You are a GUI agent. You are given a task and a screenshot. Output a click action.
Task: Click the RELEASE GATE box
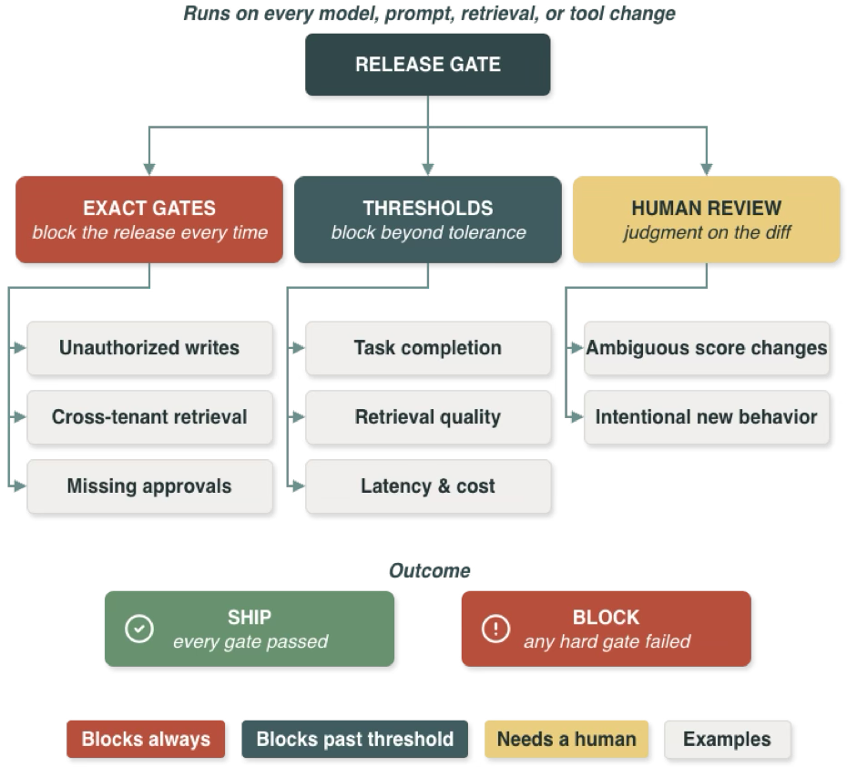pos(428,65)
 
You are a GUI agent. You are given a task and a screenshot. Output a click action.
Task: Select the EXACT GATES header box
pos(149,220)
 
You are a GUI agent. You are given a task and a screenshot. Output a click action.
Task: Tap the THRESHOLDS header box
pos(428,220)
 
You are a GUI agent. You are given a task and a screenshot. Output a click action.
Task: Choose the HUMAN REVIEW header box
pos(707,220)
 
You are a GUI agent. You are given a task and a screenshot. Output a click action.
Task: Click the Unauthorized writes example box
pos(149,348)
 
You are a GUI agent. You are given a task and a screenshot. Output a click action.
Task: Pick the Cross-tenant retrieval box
pos(149,417)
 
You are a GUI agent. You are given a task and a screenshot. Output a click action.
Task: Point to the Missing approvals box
pos(149,486)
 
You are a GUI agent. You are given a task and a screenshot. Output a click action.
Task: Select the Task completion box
pos(428,348)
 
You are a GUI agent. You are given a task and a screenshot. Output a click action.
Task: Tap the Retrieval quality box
pos(428,417)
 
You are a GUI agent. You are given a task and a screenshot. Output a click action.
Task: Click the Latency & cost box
pos(428,486)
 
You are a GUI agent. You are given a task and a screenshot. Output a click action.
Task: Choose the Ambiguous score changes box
pos(707,348)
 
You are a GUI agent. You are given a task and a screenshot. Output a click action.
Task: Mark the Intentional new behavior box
pos(707,417)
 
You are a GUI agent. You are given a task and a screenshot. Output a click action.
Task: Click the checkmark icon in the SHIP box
pos(139,629)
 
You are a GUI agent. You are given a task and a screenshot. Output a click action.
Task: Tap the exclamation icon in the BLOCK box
pos(495,629)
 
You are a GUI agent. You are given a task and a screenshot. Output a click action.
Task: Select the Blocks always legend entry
pos(146,739)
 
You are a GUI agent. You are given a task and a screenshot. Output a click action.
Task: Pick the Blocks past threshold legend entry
pos(355,739)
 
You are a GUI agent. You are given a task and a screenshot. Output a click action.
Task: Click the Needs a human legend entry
pos(566,739)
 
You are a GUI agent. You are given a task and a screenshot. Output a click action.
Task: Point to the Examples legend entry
pos(727,739)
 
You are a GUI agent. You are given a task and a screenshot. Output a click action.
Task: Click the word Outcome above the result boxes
pos(430,571)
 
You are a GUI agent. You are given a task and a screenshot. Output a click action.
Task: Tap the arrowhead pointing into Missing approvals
pos(21,486)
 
